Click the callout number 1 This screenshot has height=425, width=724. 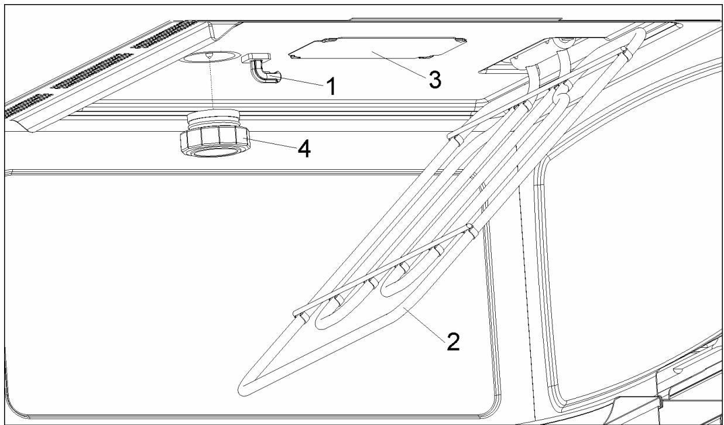pyautogui.click(x=331, y=87)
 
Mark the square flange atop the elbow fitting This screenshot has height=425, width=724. pyautogui.click(x=256, y=56)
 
